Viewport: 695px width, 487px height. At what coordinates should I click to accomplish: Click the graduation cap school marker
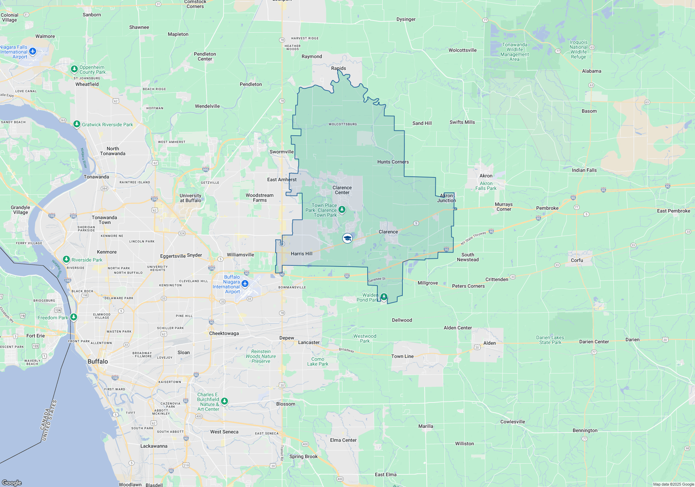tap(347, 238)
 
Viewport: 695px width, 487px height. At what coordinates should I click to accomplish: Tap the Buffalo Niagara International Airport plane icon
tap(245, 284)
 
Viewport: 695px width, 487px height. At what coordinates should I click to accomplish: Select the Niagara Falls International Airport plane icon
tap(33, 51)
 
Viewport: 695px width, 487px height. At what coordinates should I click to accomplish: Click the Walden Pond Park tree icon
tap(384, 297)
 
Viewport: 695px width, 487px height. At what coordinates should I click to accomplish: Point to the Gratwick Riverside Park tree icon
tap(77, 124)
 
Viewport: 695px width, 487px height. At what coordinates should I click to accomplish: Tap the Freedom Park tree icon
tap(74, 317)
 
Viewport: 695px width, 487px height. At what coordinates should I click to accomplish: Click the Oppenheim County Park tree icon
tap(74, 69)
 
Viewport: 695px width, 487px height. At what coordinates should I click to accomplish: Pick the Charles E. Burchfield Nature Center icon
tap(224, 401)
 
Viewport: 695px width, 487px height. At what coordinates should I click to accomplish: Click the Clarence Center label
tap(342, 190)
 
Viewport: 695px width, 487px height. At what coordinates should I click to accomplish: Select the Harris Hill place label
tap(302, 254)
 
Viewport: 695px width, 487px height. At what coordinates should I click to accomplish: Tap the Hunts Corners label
tap(393, 162)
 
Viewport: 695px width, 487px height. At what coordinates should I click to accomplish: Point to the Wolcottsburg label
tap(343, 124)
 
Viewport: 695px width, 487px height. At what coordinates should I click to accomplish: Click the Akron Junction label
tap(447, 198)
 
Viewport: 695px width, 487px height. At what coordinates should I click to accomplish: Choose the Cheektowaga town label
tap(224, 333)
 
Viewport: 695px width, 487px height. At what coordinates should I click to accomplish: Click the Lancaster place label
tap(309, 342)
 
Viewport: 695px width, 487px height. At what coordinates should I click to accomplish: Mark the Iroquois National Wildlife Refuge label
tap(579, 49)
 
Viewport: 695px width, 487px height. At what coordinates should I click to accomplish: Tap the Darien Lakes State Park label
tap(550, 340)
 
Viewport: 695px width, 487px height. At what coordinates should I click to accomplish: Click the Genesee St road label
tap(377, 279)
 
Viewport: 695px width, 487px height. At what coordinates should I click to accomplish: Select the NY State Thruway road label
tap(473, 238)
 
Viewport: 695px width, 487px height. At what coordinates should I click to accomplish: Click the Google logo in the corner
tap(12, 482)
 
